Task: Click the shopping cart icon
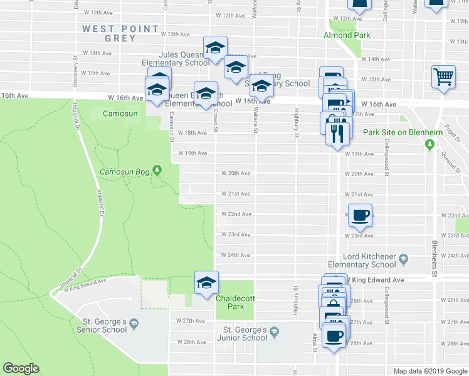tap(443, 76)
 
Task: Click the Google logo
tap(21, 368)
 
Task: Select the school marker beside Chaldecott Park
tap(206, 283)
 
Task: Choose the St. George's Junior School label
tap(246, 333)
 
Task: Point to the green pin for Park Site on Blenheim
tap(429, 145)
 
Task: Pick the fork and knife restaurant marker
tap(337, 132)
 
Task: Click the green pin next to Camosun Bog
tap(157, 169)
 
